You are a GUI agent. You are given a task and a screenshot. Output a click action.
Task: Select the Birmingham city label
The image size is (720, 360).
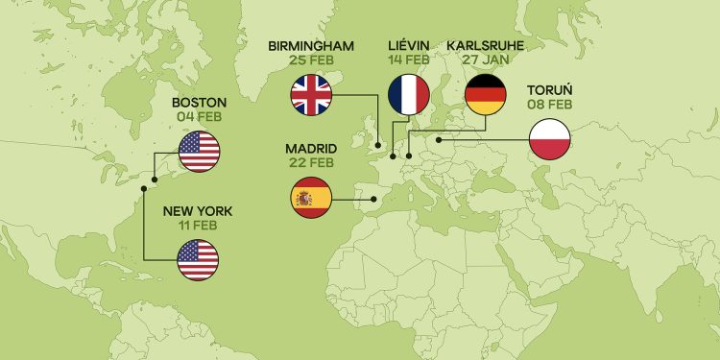[x=311, y=45]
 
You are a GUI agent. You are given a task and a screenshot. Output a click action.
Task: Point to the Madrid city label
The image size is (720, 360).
[x=310, y=149]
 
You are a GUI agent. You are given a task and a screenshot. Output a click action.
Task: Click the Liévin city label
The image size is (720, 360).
[x=408, y=45]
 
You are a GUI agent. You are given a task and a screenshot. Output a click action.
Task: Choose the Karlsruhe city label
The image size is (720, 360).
[x=486, y=45]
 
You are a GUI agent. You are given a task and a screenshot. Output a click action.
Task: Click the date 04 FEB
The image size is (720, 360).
[x=199, y=117]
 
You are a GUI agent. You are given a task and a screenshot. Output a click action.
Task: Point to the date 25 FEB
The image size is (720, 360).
[x=311, y=60]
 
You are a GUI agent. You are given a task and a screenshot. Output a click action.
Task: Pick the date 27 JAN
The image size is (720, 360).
[x=486, y=60]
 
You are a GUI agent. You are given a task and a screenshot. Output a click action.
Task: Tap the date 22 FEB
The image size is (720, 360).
[x=310, y=163]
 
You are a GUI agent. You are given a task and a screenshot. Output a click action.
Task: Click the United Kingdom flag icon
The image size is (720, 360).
[x=311, y=94]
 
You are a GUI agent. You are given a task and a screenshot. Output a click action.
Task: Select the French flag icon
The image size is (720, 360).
[x=408, y=94]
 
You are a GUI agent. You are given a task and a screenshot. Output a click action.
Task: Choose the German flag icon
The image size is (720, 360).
[x=486, y=94]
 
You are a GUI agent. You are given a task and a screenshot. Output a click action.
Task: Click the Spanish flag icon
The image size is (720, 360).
[x=310, y=198]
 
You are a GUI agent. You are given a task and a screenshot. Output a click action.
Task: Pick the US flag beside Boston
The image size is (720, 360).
[x=200, y=153]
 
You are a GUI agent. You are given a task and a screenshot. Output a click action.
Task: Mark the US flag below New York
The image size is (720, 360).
[x=198, y=259]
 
